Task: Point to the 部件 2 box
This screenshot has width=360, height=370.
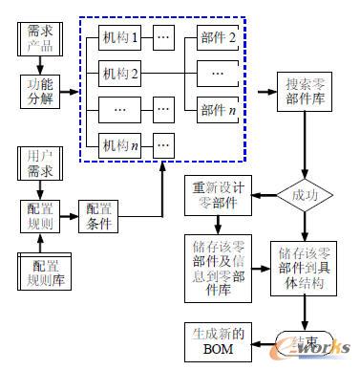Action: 219,39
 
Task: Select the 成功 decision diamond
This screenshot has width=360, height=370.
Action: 306,199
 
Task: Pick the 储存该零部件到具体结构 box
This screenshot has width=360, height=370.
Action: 306,265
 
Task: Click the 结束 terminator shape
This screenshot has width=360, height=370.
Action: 306,342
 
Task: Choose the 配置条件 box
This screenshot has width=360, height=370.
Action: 101,217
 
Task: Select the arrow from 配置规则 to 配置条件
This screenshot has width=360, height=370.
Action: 70,217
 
